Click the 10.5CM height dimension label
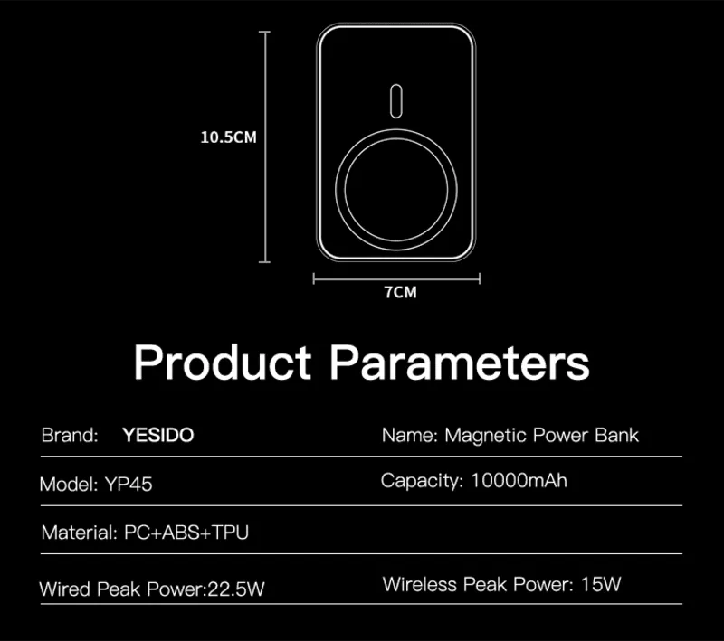click(x=229, y=137)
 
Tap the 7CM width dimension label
click(x=401, y=292)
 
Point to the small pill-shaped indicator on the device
click(x=396, y=101)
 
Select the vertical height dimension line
click(x=264, y=147)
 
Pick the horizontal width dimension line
click(x=396, y=278)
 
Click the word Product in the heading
click(x=223, y=362)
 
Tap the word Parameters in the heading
click(x=460, y=362)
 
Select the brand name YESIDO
click(x=157, y=435)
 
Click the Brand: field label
click(x=70, y=435)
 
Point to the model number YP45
click(x=129, y=485)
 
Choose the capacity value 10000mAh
click(x=519, y=480)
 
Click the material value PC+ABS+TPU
click(x=186, y=533)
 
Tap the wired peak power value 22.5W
click(x=236, y=589)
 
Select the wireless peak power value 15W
click(x=601, y=584)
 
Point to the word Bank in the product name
click(x=616, y=435)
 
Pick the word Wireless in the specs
click(x=420, y=584)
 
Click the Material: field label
click(x=80, y=533)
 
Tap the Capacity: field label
click(x=422, y=481)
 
